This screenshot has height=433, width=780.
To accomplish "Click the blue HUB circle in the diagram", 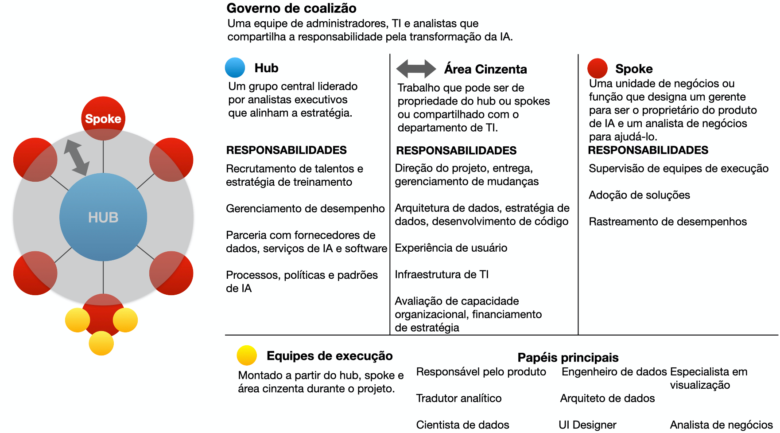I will tap(103, 217).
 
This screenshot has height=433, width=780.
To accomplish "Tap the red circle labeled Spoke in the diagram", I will tap(103, 118).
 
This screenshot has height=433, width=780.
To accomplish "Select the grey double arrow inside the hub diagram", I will tap(77, 157).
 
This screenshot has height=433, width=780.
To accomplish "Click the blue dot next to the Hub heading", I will tap(235, 68).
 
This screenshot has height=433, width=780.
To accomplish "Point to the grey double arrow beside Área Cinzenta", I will tap(416, 69).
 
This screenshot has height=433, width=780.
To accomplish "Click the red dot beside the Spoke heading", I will tap(597, 68).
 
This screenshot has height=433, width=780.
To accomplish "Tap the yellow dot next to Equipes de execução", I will tap(247, 355).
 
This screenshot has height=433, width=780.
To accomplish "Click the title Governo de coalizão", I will tap(291, 8).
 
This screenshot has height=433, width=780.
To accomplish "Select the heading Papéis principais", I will tap(568, 357).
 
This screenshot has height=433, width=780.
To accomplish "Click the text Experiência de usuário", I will tap(451, 248).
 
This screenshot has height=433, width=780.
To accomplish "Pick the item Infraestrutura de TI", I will tap(442, 274).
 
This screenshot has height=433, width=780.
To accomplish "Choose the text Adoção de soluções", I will tap(639, 195).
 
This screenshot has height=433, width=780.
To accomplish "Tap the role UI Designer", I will tap(587, 425).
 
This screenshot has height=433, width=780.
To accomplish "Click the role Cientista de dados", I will tap(462, 425).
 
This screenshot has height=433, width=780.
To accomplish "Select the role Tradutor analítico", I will tap(459, 398).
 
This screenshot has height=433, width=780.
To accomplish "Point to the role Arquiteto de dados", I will tap(607, 398).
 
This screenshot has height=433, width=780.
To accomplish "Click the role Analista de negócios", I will tap(721, 425).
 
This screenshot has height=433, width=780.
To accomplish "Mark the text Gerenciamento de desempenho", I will tap(305, 208).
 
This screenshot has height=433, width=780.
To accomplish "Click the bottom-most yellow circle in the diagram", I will tap(101, 343).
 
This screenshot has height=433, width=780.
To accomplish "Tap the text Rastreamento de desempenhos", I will tap(667, 222).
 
